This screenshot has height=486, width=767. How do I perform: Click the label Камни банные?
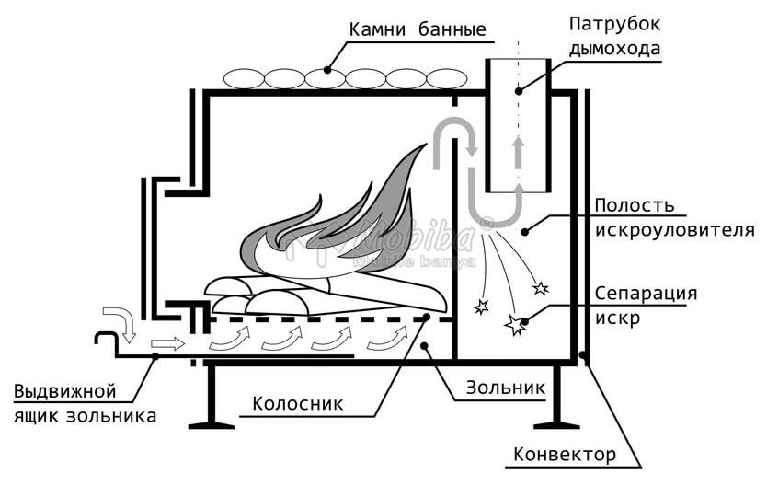[417, 29]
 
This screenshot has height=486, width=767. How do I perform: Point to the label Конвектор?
[564, 455]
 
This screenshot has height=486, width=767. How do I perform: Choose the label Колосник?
[299, 403]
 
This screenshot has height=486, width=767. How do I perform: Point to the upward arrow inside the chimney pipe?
[519, 150]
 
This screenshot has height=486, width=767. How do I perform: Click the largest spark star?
[512, 323]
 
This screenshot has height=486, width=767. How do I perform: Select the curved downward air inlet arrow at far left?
[121, 321]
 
